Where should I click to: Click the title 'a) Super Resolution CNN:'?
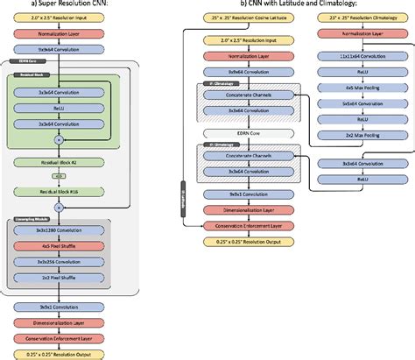(x=59, y=4)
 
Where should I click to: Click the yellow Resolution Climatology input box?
(x=354, y=18)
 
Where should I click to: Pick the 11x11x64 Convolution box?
(x=354, y=54)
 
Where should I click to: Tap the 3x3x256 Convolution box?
(x=59, y=261)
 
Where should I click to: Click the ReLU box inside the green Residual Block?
(x=59, y=109)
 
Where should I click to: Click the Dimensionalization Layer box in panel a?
(x=59, y=321)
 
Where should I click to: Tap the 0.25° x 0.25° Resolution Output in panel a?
(x=59, y=352)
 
